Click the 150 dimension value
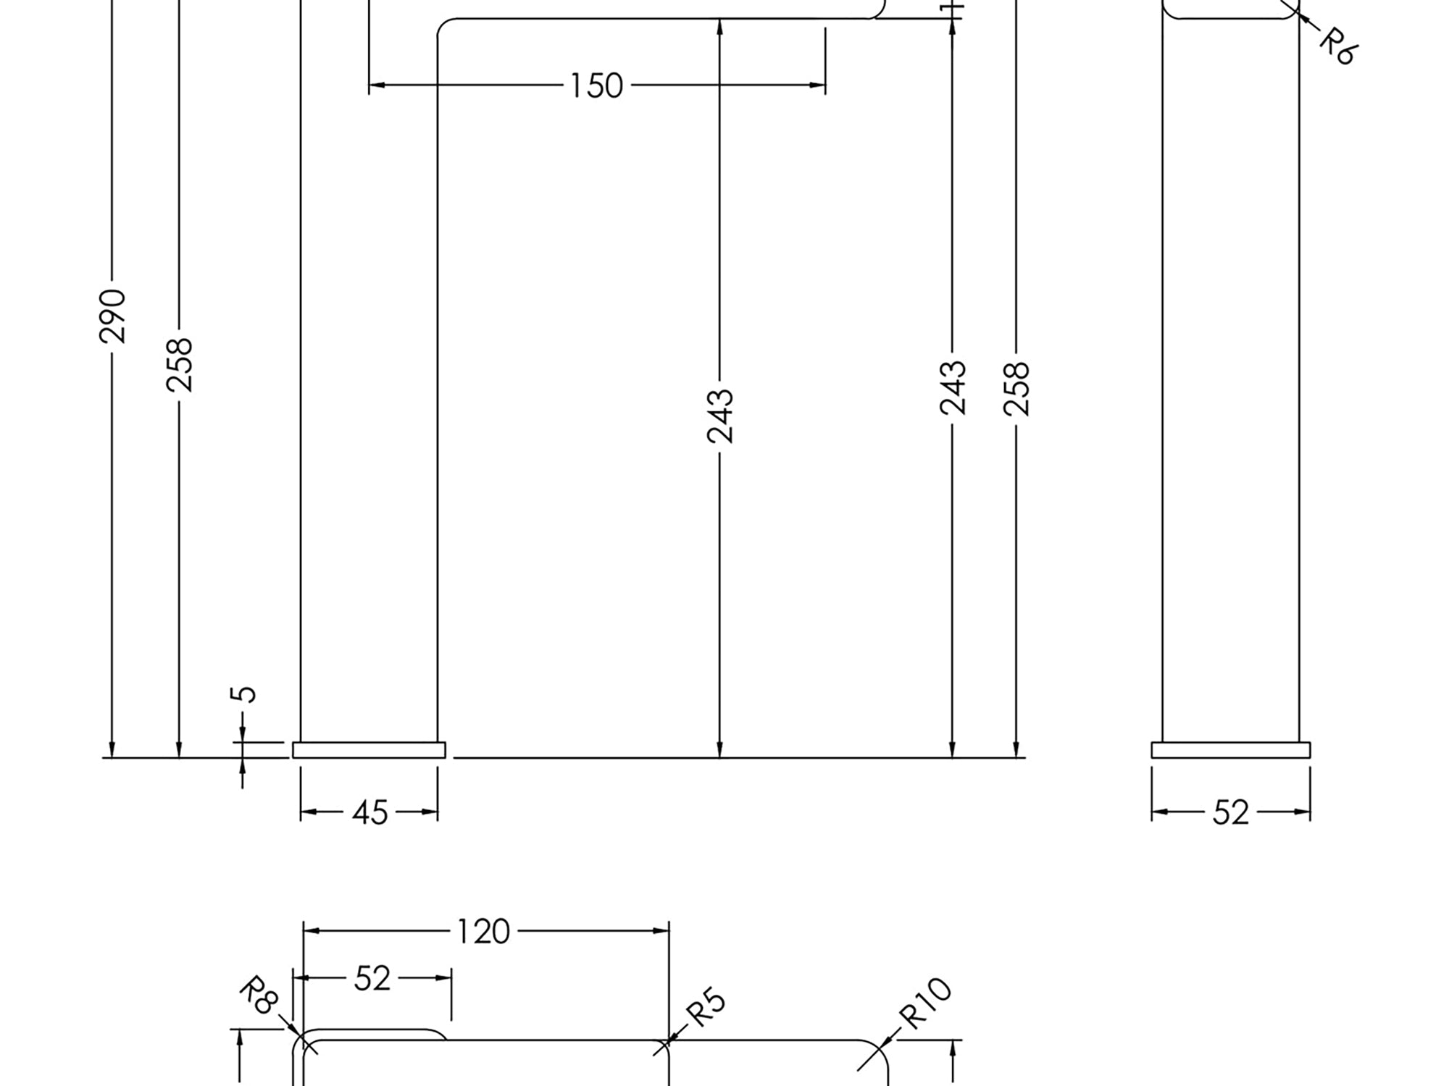pyautogui.click(x=596, y=86)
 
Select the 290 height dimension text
pyautogui.click(x=112, y=316)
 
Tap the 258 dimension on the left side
pyautogui.click(x=180, y=365)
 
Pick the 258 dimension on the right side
pyautogui.click(x=1016, y=389)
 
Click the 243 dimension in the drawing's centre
pyautogui.click(x=720, y=416)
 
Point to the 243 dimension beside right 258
pyautogui.click(x=953, y=387)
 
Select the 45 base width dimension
pyautogui.click(x=369, y=813)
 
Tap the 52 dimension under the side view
pyautogui.click(x=1230, y=813)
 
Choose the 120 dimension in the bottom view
pyautogui.click(x=483, y=932)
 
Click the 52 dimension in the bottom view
pyautogui.click(x=372, y=979)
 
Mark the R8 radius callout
pyautogui.click(x=259, y=995)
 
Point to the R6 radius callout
pyautogui.click(x=1337, y=46)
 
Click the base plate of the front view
pyautogui.click(x=369, y=750)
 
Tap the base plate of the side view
pyautogui.click(x=1230, y=750)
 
